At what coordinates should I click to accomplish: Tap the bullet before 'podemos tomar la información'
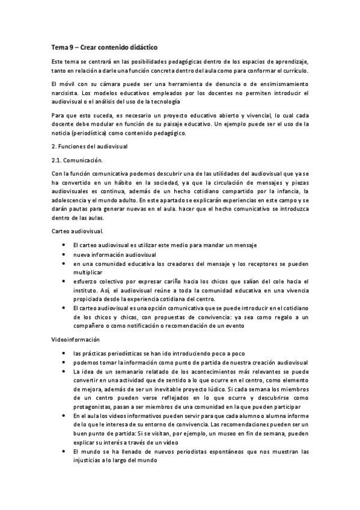[64, 362]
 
